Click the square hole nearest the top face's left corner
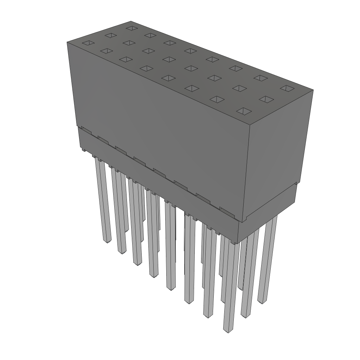pos(88,43)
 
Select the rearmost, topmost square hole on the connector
pos(131,28)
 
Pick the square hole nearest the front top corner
pos(244,111)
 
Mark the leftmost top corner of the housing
pos(67,42)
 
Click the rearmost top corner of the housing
pos(131,21)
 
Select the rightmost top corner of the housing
pos(313,90)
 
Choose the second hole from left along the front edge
pos(106,51)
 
